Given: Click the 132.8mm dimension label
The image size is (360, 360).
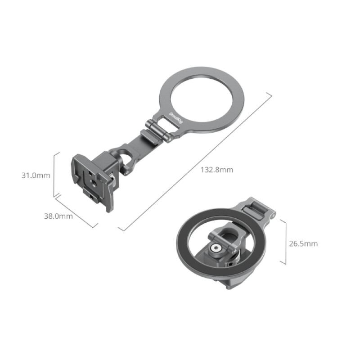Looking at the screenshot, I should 217,170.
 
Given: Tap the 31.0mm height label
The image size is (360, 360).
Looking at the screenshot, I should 36,175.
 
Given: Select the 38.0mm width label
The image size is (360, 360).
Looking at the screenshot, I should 58,216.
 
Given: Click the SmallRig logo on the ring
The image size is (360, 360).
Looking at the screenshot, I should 175,116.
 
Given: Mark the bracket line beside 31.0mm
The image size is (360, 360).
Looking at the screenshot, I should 54,175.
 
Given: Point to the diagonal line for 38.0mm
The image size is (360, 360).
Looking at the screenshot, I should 76,212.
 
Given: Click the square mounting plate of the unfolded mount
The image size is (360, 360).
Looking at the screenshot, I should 92,178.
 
